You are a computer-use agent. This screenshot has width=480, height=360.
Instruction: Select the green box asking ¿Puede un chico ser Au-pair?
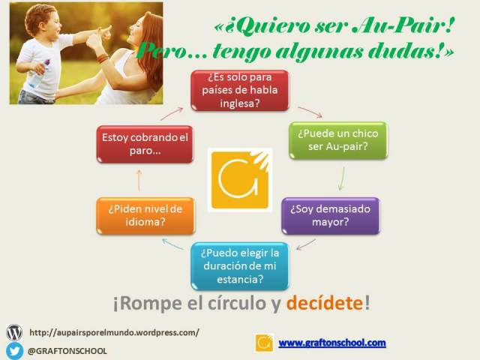click(x=337, y=139)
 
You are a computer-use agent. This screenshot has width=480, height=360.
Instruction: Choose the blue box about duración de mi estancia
click(x=239, y=265)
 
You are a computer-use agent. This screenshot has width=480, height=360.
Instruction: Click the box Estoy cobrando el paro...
click(x=145, y=145)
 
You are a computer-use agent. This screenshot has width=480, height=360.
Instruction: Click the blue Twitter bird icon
click(x=14, y=350)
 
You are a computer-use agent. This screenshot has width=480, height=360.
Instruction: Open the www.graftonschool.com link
click(x=331, y=343)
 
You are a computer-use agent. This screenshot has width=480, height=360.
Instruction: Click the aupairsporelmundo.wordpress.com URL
click(x=114, y=332)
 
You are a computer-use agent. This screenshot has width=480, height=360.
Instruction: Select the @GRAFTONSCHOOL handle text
click(x=67, y=350)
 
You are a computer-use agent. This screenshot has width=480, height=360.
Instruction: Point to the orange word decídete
click(x=324, y=304)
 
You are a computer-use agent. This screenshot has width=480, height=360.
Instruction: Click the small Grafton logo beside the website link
click(x=263, y=343)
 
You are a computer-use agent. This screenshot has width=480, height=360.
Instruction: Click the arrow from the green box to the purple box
click(x=342, y=178)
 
